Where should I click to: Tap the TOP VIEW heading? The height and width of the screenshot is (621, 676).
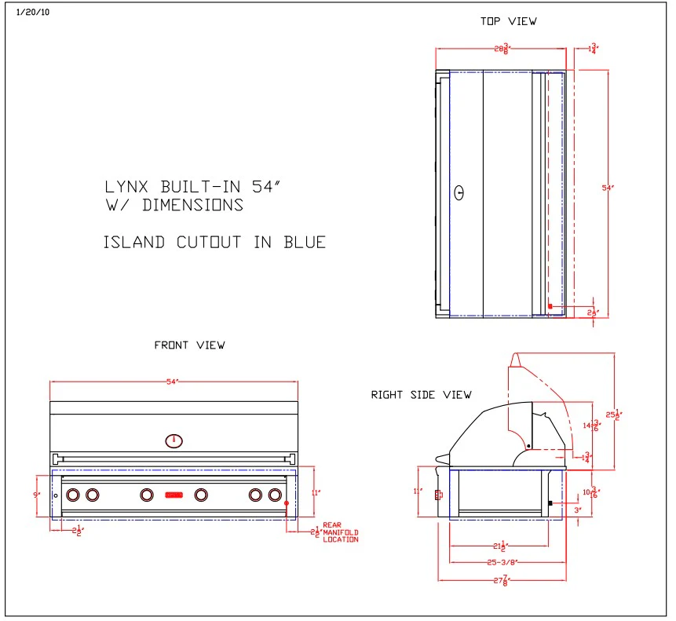508,21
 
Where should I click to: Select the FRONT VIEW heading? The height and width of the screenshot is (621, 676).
189,345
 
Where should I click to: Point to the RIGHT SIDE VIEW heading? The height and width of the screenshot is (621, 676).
421,395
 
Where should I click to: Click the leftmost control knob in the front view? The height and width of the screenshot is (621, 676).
73,495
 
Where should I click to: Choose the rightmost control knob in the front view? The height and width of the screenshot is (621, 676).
275,495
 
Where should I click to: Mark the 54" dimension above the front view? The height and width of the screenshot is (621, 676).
174,382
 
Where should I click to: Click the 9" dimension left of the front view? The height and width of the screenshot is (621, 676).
35,495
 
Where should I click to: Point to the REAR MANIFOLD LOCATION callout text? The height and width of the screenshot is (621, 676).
340,532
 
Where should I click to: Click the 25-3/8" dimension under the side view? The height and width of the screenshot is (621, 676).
503,562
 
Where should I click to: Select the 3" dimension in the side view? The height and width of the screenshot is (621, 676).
578,510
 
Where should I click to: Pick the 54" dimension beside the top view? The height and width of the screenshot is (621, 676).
607,188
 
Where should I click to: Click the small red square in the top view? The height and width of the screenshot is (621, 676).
550,305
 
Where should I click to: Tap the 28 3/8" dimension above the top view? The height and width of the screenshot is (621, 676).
501,49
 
